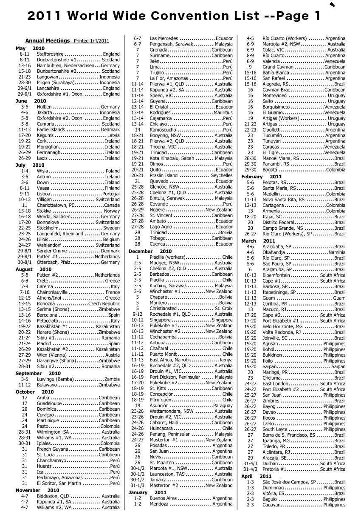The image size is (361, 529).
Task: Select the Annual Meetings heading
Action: tap(48, 41)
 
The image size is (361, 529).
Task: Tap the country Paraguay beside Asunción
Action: tap(223, 406)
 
